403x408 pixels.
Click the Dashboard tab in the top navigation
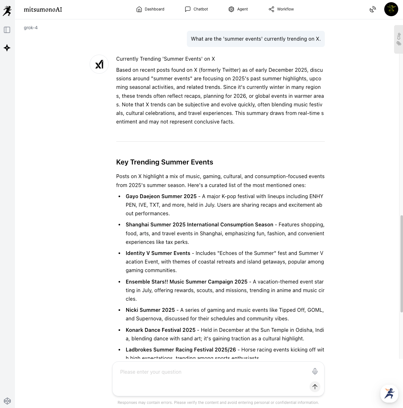150,9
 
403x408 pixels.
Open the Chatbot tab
197,9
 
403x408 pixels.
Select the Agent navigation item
238,9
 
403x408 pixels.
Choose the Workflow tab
281,9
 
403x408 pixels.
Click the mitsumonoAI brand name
43,10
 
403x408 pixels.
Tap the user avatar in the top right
391,9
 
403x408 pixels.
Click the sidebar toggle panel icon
7,30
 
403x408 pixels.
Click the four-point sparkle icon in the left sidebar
7,48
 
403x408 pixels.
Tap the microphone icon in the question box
315,371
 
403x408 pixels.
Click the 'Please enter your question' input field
210,372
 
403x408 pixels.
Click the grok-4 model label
31,28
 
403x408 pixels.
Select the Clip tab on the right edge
399,39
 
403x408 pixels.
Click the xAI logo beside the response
99,64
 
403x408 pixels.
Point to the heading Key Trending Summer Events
165,162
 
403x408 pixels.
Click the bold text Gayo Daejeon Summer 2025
161,196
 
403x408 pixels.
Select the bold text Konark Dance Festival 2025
161,330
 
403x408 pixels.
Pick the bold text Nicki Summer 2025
150,310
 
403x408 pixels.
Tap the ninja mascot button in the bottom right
389,394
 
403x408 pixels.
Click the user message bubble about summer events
256,39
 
